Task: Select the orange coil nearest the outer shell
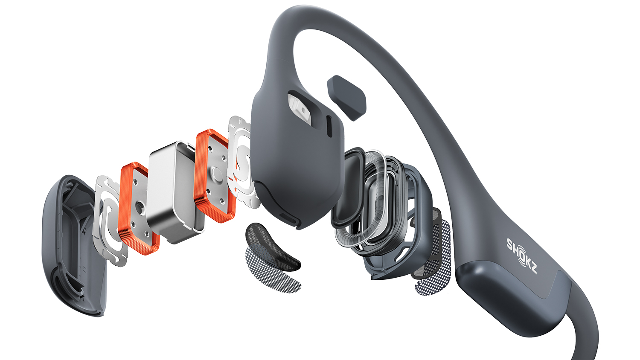(138, 209)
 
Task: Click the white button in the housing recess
(300, 110)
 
